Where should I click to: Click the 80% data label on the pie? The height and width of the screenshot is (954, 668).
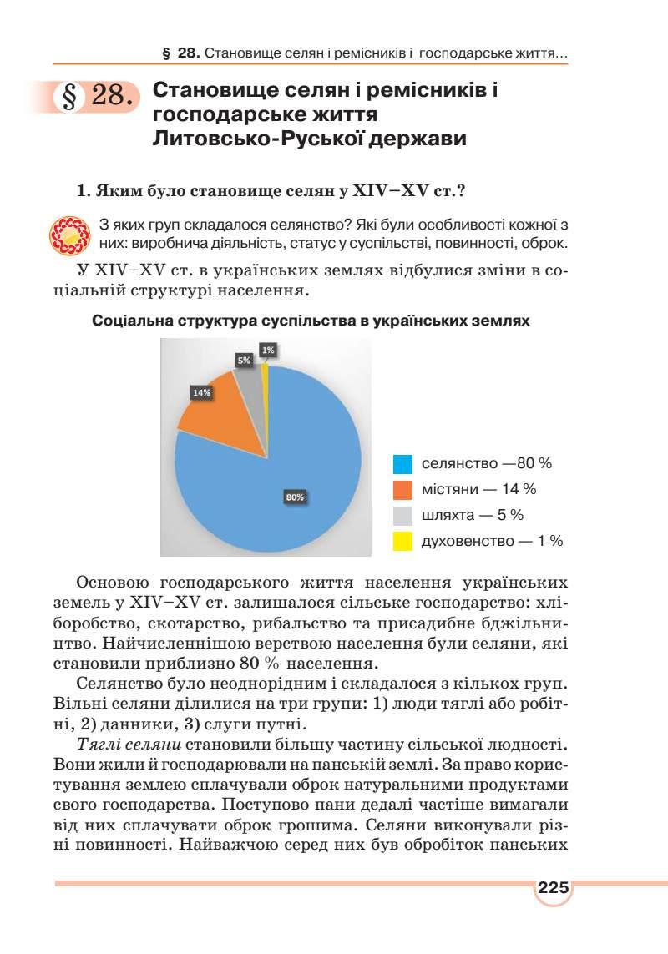tap(295, 497)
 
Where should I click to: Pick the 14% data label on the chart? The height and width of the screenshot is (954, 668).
tap(201, 391)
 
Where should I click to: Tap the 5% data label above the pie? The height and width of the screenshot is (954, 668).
tap(244, 360)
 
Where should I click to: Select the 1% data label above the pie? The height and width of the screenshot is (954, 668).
tap(268, 351)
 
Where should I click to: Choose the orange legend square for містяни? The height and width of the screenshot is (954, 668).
tap(403, 489)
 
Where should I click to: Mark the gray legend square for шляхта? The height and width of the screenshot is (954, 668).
tap(403, 515)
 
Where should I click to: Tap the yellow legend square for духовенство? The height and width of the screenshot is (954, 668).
tap(403, 541)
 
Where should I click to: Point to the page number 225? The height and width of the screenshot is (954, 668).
tap(553, 887)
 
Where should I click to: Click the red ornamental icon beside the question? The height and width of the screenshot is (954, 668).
tap(69, 234)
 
